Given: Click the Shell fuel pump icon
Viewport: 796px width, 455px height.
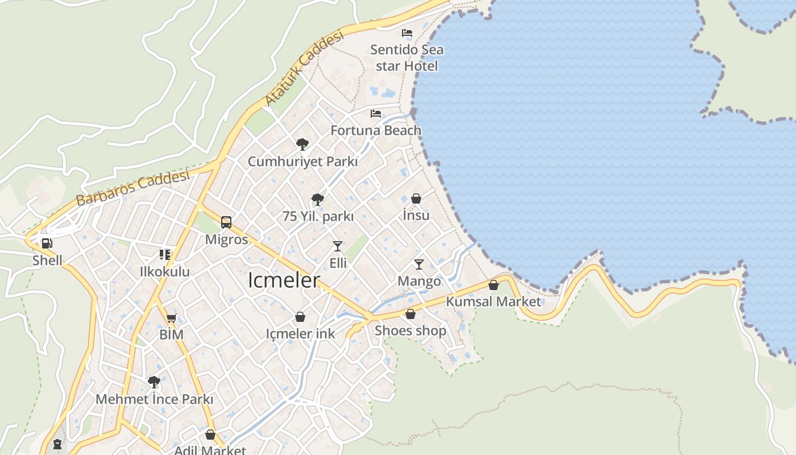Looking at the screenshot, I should (x=47, y=244).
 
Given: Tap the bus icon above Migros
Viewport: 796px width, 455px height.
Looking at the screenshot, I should (x=226, y=222).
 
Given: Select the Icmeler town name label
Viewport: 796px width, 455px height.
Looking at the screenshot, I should (x=284, y=280).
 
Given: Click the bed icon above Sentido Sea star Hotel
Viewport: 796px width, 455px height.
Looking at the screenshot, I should (x=407, y=33).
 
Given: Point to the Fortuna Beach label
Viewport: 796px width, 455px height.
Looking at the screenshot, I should (x=376, y=130).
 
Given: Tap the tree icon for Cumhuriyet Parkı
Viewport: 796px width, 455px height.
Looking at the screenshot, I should (x=302, y=144).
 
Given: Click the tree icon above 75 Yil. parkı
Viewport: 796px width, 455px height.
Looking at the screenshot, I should (x=318, y=200).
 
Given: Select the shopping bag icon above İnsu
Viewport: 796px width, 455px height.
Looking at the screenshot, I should (x=416, y=198).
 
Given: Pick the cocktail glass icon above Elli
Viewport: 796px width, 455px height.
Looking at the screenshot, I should (x=338, y=246).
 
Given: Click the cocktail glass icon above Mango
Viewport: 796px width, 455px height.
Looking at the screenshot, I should (x=419, y=264).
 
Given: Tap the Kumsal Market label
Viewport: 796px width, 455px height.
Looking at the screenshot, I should (x=494, y=301).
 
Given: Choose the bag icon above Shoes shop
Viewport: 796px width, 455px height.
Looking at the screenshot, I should (x=411, y=314).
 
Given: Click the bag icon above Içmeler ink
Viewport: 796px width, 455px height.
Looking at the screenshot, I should (x=300, y=317).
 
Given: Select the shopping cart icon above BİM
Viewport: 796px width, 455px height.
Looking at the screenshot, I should (x=171, y=318).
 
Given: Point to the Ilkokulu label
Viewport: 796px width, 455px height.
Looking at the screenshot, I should (x=165, y=272).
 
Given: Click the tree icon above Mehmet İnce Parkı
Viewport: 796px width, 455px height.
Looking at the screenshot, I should (x=154, y=382).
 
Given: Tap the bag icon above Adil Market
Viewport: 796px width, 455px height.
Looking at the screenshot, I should (x=210, y=435).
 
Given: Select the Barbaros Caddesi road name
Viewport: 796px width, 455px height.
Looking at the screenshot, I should (x=132, y=188).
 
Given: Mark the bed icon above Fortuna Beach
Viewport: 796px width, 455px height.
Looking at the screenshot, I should (x=376, y=114).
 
